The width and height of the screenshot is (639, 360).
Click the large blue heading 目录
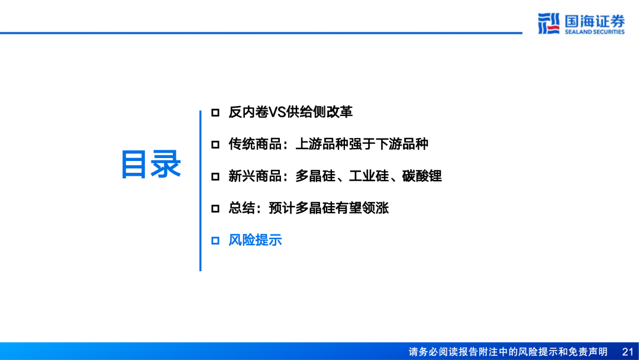(151, 164)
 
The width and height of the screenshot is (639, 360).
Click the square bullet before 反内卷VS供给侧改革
(215, 112)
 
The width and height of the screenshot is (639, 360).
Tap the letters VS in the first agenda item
(277, 112)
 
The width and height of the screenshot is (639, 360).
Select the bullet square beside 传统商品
(215, 144)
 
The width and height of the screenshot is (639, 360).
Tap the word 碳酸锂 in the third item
(422, 176)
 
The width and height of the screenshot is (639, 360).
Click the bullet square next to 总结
(215, 208)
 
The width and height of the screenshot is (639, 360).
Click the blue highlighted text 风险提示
(255, 240)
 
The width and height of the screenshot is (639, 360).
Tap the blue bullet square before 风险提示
(215, 240)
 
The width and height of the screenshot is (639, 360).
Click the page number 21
(628, 352)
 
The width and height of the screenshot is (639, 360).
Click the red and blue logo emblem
(548, 24)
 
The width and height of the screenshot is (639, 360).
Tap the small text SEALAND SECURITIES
(594, 32)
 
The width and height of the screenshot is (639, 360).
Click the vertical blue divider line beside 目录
(200, 189)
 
